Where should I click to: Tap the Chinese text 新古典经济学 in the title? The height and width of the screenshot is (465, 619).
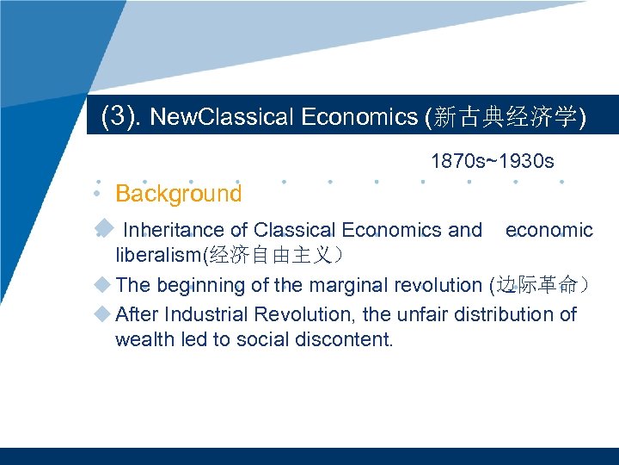pyautogui.click(x=506, y=118)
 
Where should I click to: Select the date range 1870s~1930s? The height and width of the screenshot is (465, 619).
pyautogui.click(x=492, y=161)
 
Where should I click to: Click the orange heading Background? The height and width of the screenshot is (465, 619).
pyautogui.click(x=179, y=194)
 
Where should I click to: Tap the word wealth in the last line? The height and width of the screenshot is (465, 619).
pyautogui.click(x=141, y=339)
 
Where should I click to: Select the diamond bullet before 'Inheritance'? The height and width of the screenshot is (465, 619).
pyautogui.click(x=103, y=228)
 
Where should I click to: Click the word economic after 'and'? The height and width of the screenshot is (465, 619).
pyautogui.click(x=549, y=230)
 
